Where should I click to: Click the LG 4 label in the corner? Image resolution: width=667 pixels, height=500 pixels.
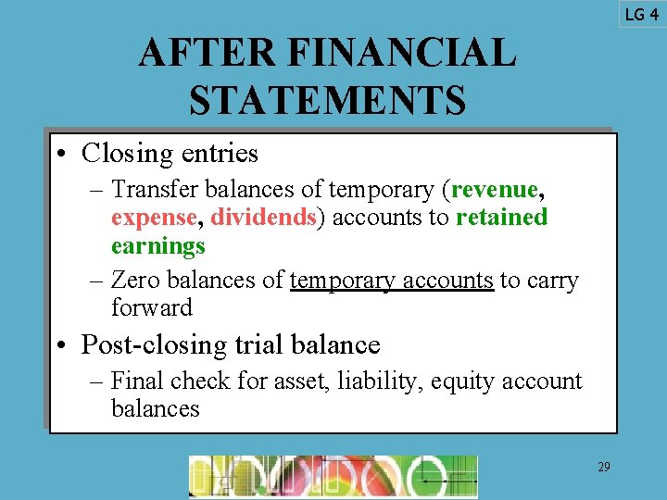[x=641, y=14]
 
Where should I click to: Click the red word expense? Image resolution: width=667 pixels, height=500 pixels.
[x=154, y=218]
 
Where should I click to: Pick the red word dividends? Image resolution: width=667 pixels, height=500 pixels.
[x=263, y=218]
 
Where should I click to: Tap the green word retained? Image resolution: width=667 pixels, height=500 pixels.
[x=501, y=218]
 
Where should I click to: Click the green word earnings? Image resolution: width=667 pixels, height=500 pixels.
[x=157, y=245]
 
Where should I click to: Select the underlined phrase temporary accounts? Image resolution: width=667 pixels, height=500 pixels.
[x=391, y=280]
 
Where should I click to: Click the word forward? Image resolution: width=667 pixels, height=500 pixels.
[x=151, y=306]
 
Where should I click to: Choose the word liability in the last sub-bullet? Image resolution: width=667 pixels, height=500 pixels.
[x=385, y=381]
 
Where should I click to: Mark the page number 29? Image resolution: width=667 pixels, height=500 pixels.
[x=603, y=468]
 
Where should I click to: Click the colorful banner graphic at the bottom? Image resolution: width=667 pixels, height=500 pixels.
[x=333, y=476]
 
